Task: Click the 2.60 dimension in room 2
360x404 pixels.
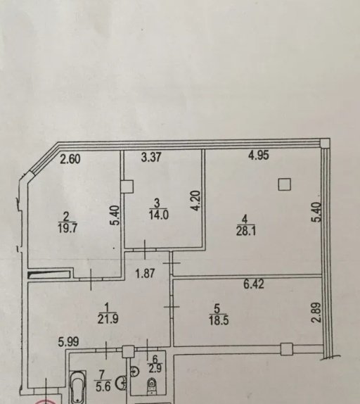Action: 70,159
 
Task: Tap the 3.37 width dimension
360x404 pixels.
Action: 151,157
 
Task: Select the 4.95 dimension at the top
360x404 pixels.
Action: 259,156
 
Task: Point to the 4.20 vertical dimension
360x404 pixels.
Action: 196,201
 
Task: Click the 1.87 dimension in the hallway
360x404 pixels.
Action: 146,273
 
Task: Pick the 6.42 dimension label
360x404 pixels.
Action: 254,284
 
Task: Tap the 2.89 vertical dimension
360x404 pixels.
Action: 316,313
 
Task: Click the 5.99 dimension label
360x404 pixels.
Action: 68,342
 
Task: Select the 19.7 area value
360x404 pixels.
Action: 67,228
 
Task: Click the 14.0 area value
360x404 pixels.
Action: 159,215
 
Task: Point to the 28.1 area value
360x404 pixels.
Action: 246,231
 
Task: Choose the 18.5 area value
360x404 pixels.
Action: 219,321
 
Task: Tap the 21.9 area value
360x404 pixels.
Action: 108,320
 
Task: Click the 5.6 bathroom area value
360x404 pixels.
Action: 103,386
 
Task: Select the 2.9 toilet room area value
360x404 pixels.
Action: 155,368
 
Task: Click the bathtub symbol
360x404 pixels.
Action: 78,387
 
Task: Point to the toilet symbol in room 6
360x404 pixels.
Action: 152,386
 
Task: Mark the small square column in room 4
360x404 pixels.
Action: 285,184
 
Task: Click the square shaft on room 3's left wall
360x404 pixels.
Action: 127,187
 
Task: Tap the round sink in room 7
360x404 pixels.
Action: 122,383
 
